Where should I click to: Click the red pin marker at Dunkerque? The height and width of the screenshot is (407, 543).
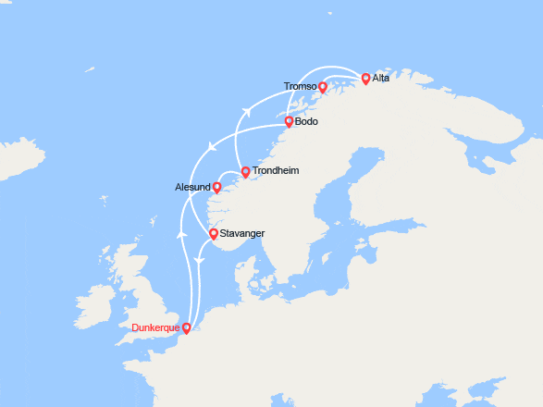tap(187, 327)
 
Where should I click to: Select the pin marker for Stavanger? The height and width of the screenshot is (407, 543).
tap(214, 234)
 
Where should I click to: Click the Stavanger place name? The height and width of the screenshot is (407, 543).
tap(243, 234)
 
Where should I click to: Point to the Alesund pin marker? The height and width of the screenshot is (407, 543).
tap(217, 186)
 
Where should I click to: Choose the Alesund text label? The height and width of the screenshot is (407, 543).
tap(192, 187)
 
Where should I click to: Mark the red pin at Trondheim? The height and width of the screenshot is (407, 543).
tap(245, 171)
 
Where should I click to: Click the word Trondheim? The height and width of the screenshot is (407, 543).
tap(276, 171)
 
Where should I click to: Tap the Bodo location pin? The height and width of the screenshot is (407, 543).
tap(289, 121)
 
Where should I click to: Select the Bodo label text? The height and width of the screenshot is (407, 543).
tap(306, 121)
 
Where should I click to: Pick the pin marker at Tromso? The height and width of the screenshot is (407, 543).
tap(323, 87)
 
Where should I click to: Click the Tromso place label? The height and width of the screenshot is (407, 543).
tap(301, 87)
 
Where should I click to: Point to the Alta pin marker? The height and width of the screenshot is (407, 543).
tap(366, 79)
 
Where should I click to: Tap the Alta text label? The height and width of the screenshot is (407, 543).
tap(382, 79)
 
